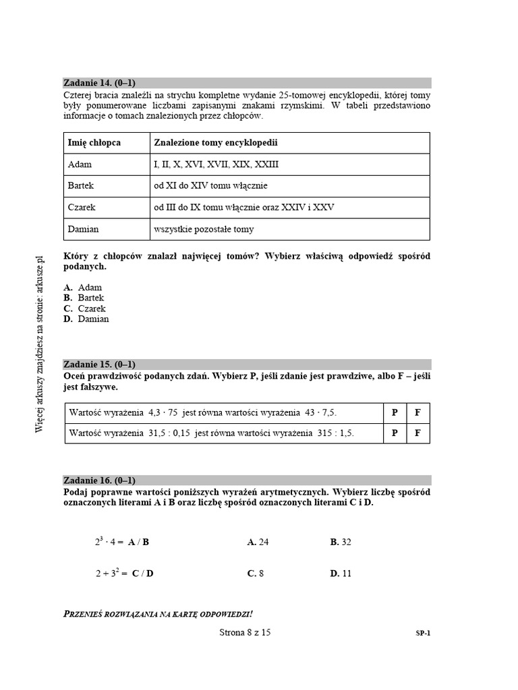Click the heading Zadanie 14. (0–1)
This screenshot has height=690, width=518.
pos(99,83)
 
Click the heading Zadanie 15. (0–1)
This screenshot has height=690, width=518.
pos(99,364)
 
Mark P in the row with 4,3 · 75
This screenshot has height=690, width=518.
pos(395,412)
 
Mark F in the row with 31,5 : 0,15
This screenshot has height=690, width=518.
pos(418,433)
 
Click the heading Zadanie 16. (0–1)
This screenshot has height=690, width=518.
pos(99,480)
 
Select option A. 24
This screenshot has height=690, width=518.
pos(258,542)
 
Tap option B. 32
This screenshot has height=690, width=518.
pos(341,542)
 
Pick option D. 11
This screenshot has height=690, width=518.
pos(341,573)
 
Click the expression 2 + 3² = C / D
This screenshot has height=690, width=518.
pos(124,573)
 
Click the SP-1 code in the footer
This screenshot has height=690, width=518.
pos(423,633)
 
